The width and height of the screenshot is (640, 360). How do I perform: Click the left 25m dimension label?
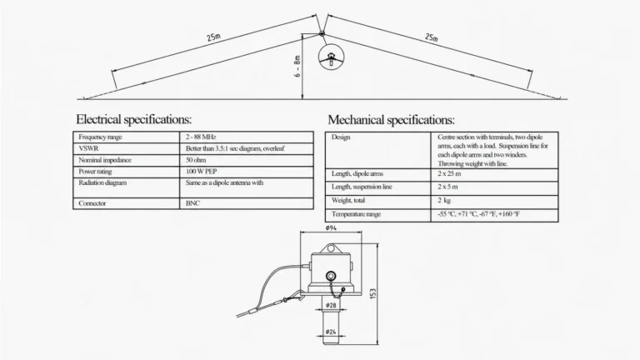(213, 37)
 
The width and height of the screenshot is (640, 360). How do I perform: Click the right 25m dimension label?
(432, 37)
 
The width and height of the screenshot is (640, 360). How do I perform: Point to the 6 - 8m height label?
(297, 67)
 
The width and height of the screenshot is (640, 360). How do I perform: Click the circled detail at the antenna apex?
(331, 57)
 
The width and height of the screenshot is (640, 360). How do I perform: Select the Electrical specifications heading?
(133, 120)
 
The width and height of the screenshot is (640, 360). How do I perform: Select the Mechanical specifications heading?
(391, 120)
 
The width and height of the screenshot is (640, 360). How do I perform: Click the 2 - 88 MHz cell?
(201, 137)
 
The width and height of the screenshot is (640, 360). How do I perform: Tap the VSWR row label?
(88, 148)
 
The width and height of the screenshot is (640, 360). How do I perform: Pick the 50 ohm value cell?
(196, 160)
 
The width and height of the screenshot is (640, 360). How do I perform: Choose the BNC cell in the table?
(192, 203)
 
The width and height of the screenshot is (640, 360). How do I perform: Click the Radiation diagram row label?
(102, 182)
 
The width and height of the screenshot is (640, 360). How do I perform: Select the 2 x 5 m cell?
(447, 187)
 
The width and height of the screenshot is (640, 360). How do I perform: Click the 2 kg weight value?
(444, 200)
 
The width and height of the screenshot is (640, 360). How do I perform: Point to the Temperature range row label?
(356, 214)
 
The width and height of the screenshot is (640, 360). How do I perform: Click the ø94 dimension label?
(331, 227)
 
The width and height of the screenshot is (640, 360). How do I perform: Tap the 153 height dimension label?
(372, 294)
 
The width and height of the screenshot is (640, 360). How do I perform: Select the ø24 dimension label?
(331, 332)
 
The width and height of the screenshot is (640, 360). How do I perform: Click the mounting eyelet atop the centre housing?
(331, 248)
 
